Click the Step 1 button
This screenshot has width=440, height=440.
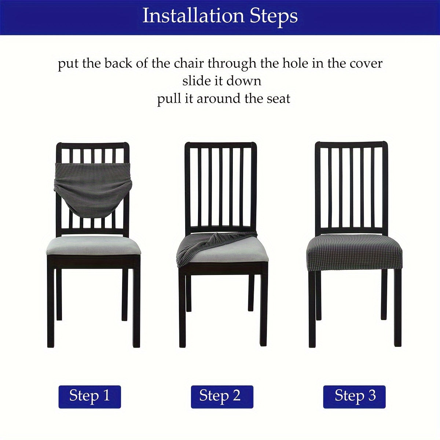(89, 396)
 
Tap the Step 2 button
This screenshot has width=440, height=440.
(220, 396)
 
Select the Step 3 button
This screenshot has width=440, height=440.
(355, 396)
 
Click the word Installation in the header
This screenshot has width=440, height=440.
(193, 16)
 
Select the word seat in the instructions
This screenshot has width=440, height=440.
(279, 99)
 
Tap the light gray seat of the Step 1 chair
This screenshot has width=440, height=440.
(93, 245)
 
